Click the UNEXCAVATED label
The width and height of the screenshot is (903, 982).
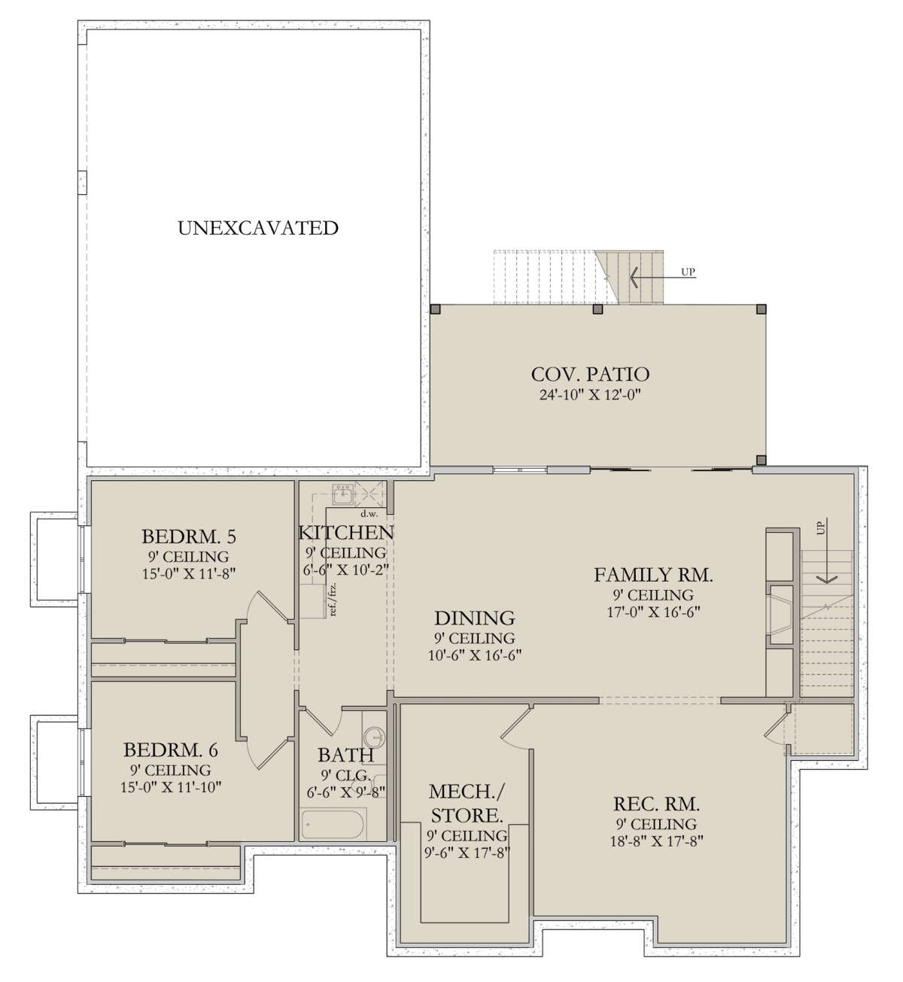point(258,228)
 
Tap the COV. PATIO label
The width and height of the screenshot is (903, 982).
point(590,375)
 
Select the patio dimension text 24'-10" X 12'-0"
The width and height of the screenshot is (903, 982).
point(590,394)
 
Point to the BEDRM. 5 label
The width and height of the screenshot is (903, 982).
point(189,537)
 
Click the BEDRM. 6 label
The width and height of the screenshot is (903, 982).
point(171,750)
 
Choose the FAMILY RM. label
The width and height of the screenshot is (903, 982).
point(653,575)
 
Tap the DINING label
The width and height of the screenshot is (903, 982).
point(475,618)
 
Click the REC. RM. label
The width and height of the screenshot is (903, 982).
point(656,804)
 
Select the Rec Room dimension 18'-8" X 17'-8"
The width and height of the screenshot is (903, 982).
point(656,841)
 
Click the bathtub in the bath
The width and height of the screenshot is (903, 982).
point(333,825)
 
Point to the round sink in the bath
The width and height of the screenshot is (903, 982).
point(375,737)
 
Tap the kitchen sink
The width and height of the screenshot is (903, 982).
point(343,494)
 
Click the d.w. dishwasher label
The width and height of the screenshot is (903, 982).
point(369,514)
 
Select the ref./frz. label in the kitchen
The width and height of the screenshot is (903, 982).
point(333,599)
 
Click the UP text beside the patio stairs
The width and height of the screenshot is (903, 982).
point(688,272)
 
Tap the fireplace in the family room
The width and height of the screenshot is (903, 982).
point(782,614)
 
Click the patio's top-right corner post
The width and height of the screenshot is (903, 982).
point(761,309)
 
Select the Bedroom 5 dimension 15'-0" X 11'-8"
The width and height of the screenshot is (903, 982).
point(189,573)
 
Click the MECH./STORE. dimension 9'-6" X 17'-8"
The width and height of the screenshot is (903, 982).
point(467,853)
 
